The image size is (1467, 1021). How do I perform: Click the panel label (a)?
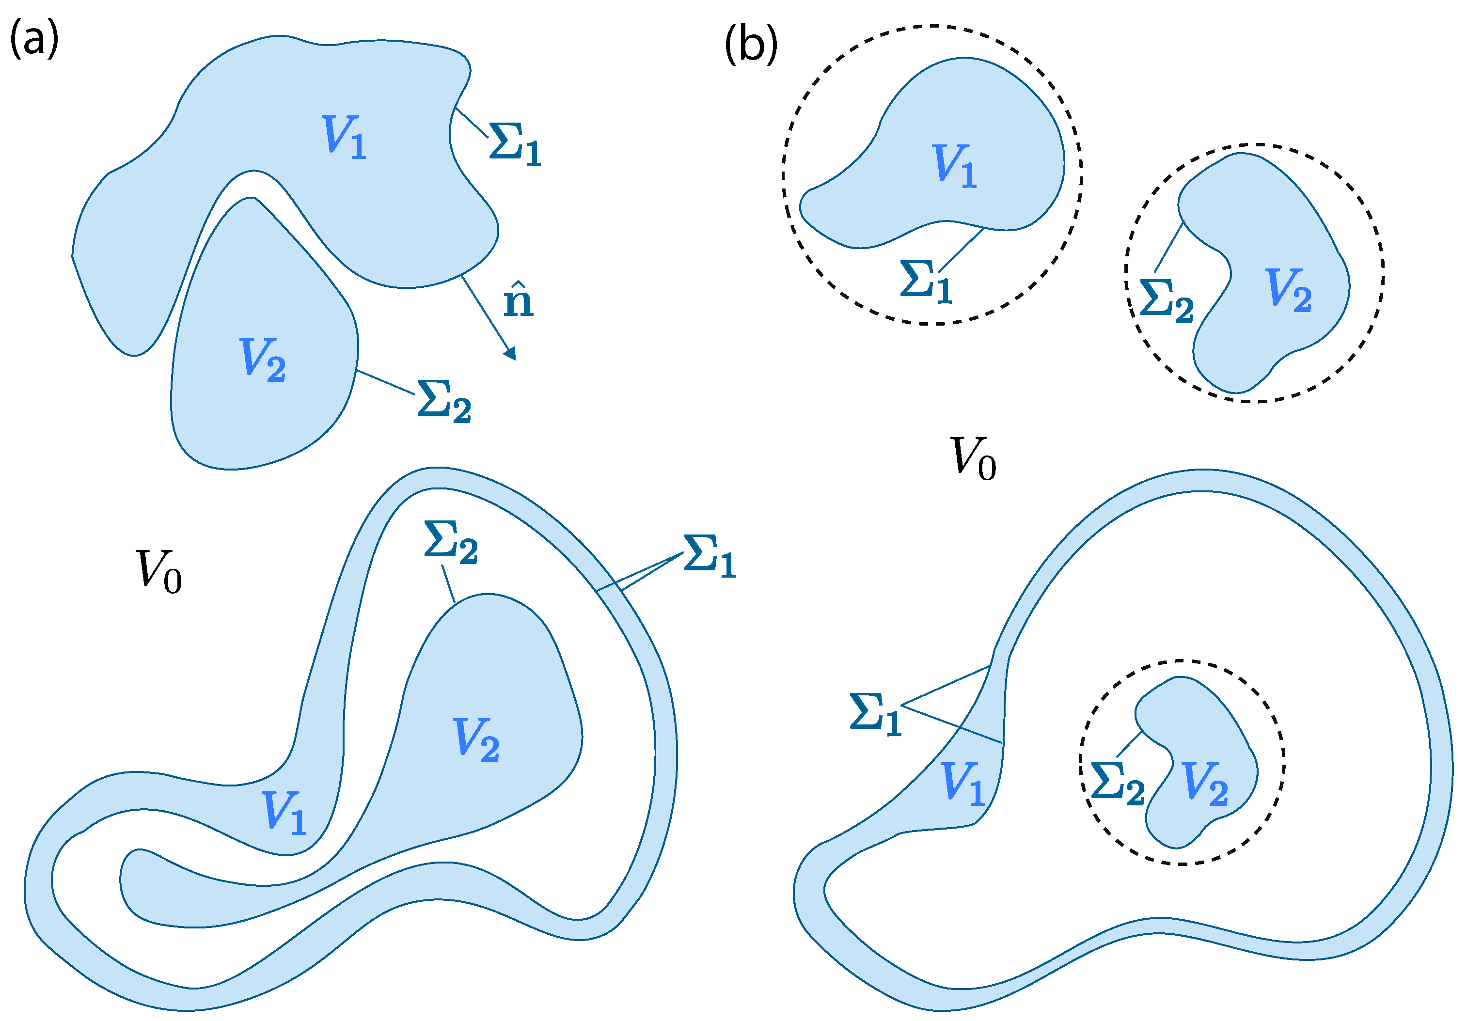[34, 38]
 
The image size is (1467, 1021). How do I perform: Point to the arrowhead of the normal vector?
[510, 353]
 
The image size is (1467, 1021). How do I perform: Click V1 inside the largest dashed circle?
[954, 166]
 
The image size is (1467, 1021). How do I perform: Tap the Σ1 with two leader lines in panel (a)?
[709, 556]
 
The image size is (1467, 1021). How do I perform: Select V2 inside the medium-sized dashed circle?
[1288, 290]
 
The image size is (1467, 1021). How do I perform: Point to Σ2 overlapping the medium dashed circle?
[1167, 300]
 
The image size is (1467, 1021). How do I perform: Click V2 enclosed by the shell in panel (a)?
[476, 739]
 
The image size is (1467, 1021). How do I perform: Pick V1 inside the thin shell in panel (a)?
[284, 812]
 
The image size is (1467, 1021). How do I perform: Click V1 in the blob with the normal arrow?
[344, 137]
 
